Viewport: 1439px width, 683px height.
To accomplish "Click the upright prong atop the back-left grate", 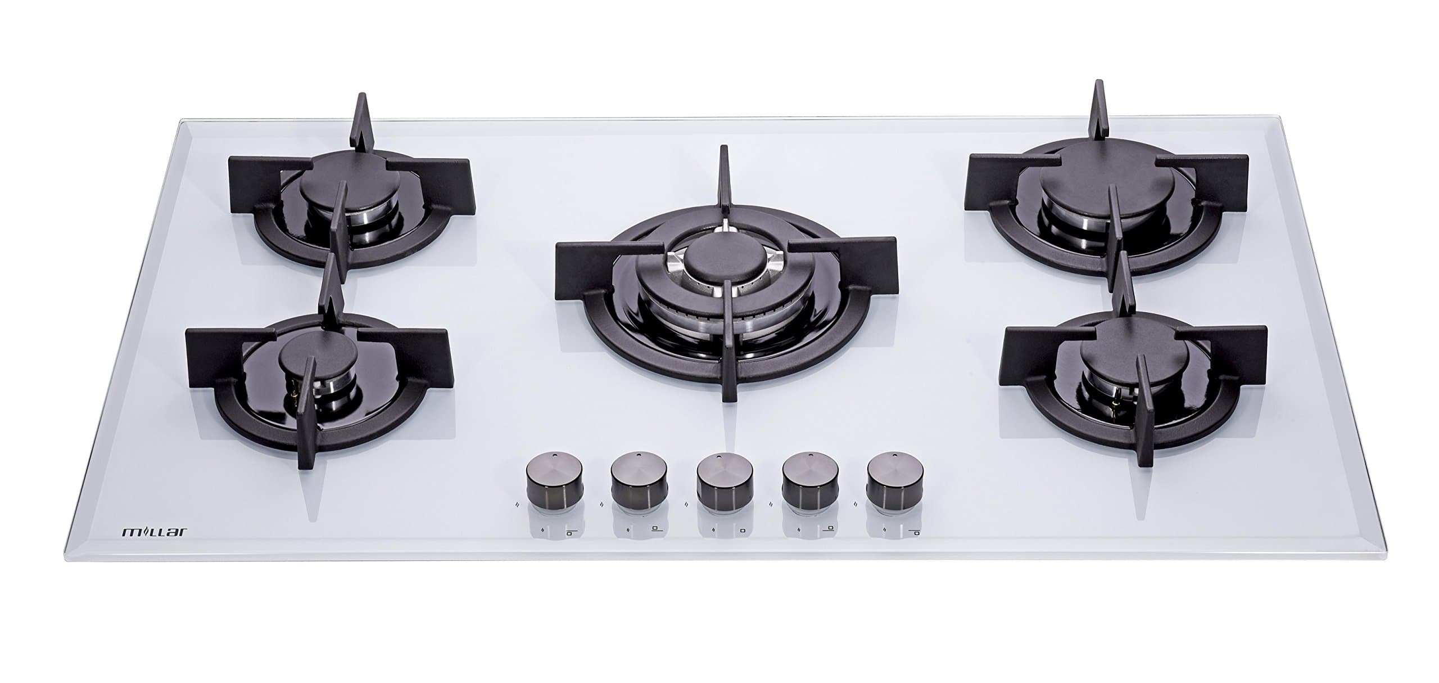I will click(x=358, y=120).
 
